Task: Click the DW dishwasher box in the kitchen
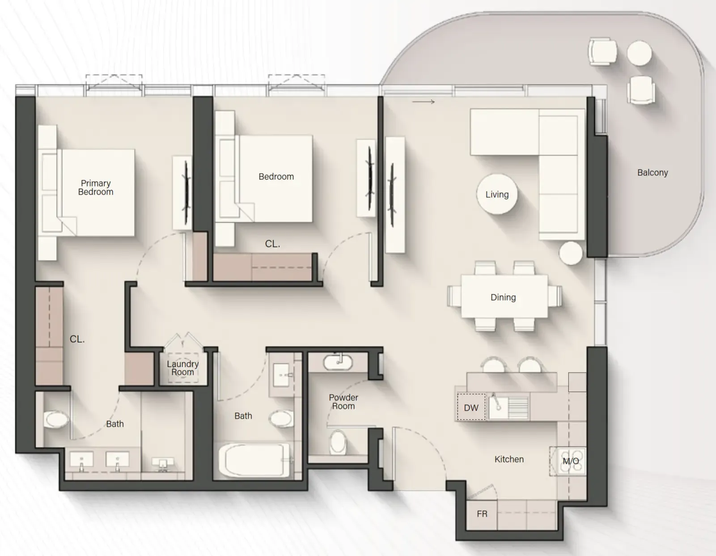(470, 407)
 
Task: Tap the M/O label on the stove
(570, 461)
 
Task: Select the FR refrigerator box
(482, 514)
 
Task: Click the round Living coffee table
(497, 195)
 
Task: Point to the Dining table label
(503, 297)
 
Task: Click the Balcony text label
(652, 173)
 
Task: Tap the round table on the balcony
(639, 53)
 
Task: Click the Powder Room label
(343, 402)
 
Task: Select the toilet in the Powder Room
(338, 442)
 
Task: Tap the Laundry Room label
(182, 368)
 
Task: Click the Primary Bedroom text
(96, 187)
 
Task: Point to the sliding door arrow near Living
(423, 102)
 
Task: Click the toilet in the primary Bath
(56, 420)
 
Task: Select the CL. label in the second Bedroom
(272, 244)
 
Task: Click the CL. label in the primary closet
(77, 339)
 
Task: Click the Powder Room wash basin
(339, 362)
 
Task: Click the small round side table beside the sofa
(571, 253)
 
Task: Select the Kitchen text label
(509, 459)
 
